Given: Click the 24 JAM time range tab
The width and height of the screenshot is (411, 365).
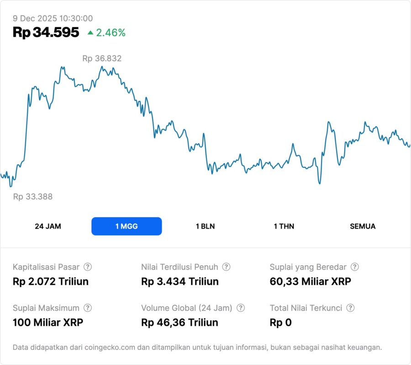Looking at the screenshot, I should [48, 226].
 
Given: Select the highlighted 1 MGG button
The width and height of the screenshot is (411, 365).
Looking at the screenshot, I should [126, 226].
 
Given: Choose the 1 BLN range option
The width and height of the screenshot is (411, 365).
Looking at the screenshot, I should [205, 226].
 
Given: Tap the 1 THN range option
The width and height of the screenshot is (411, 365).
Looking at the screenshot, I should [284, 226].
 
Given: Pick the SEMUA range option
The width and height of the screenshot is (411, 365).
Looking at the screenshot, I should [363, 226].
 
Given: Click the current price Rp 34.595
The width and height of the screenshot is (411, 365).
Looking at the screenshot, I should [46, 32].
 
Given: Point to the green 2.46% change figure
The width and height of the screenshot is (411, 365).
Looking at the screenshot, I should [111, 33].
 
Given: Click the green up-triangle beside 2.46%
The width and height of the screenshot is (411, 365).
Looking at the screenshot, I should [90, 32].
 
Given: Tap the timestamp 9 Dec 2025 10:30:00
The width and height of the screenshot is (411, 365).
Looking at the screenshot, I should [53, 19].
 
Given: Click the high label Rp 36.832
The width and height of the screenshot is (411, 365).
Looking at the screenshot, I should [102, 58].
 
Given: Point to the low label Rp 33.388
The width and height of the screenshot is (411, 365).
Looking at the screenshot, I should [32, 197].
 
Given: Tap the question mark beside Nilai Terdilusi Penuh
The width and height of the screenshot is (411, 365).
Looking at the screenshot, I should [226, 267].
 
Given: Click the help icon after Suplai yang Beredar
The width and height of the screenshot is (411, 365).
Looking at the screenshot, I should [354, 267].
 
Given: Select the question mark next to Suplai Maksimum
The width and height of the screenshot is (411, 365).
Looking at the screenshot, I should [88, 308].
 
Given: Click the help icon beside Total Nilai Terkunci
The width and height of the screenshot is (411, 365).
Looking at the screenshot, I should [350, 308].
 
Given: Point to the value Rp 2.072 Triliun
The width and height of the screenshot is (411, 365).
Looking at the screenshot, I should [51, 282].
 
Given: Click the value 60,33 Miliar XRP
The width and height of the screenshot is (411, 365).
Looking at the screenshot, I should [311, 282].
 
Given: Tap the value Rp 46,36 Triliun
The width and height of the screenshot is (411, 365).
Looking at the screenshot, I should [180, 323].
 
